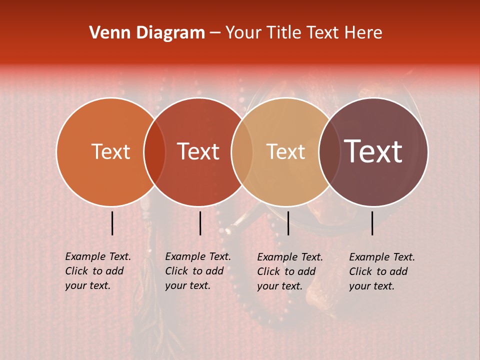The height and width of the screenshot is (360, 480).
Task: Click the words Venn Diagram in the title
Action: pos(147,33)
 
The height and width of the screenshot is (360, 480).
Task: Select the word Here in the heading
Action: pos(363,33)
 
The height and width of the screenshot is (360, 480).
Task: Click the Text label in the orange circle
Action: pos(110,151)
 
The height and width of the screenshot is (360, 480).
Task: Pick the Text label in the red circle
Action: pos(198,151)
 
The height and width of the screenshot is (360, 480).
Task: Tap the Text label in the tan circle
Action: pos(285,151)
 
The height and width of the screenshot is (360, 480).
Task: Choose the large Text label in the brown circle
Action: pos(373,151)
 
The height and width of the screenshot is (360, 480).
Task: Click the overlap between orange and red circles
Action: pos(154,152)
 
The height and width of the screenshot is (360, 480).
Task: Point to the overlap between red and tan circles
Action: pos(242,152)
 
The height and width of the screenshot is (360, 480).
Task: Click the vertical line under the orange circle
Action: pos(112,223)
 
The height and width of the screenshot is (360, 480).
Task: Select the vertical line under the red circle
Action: pos(200,223)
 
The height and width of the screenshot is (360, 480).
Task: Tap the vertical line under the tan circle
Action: pos(288,223)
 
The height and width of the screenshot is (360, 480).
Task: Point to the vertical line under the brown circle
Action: pos(372,223)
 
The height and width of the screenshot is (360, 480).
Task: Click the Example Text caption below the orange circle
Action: pos(98,271)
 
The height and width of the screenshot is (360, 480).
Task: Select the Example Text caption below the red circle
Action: pos(198,271)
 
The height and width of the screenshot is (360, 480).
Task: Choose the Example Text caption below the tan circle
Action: pos(290,271)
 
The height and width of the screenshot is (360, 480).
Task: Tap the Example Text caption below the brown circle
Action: pos(382,271)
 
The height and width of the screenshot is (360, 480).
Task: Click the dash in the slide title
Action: pos(215,33)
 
